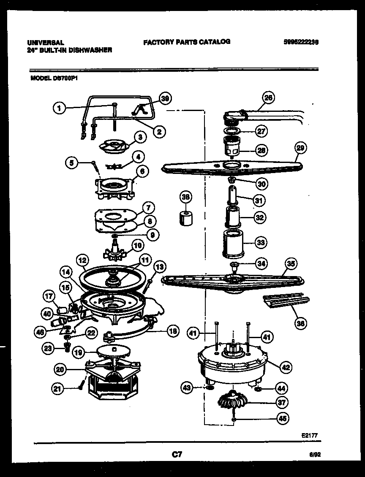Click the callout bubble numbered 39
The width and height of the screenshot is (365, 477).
[x=165, y=99]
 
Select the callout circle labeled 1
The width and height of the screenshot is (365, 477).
[x=60, y=108]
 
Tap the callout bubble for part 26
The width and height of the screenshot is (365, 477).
[x=268, y=98]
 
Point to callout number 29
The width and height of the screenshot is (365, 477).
[x=300, y=148]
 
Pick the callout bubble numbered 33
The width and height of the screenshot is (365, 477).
[x=261, y=242]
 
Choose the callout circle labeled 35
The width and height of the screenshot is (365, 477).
[x=290, y=263]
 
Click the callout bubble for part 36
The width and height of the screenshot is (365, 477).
[x=301, y=324]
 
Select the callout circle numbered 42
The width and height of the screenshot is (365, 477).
[x=286, y=367]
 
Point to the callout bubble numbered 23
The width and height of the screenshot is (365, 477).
[x=47, y=348]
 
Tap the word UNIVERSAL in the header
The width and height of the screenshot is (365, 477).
[x=46, y=43]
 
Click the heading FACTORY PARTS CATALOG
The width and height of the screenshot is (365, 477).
[x=187, y=42]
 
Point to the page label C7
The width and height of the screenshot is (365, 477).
[x=177, y=455]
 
